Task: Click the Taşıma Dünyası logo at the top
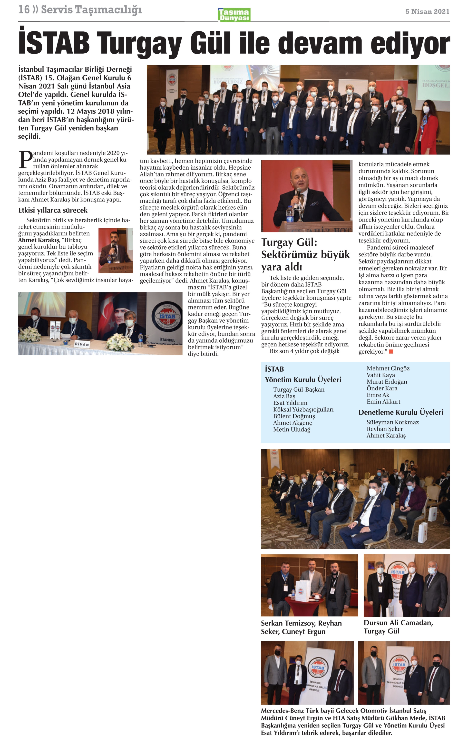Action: pos(234,15)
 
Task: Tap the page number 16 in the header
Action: pos(24,10)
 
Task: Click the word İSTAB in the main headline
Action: pos(54,43)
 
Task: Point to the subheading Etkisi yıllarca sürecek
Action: pos(53,210)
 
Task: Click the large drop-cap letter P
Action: pos(25,160)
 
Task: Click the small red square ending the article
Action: pos(391,351)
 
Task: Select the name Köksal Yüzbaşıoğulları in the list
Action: pos(303,409)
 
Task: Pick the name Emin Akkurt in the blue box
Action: pos(383,402)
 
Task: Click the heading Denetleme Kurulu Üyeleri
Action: pos(400,412)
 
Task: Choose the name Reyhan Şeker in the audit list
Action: pos(384,429)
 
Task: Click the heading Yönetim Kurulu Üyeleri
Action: pos(303,380)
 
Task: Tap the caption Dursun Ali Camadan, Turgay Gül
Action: pos(398,627)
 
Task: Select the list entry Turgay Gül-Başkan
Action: pos(299,389)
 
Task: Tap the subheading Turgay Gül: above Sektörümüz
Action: pos(289,242)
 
